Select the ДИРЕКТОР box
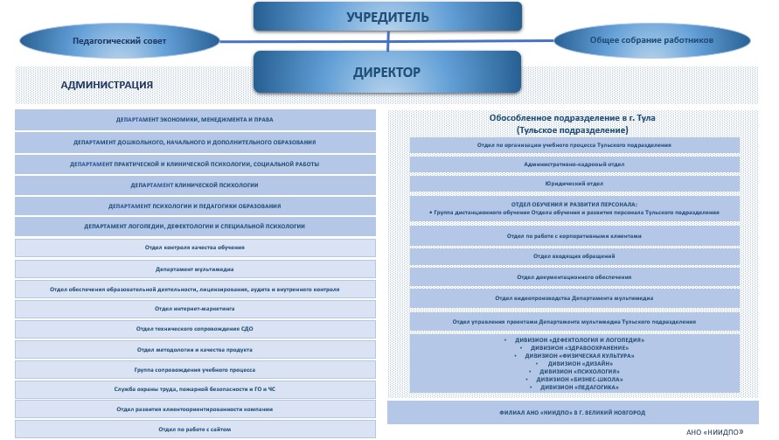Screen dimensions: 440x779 (x=386, y=73)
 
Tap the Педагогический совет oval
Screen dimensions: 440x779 (x=118, y=40)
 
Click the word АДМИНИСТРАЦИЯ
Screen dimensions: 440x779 (x=107, y=85)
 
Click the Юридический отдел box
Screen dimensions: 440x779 (x=574, y=184)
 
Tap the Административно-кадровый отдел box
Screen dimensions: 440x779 (x=574, y=164)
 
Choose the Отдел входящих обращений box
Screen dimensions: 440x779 (x=574, y=255)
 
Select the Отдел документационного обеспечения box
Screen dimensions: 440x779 (x=574, y=276)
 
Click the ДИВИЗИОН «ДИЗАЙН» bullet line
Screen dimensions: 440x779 (x=574, y=364)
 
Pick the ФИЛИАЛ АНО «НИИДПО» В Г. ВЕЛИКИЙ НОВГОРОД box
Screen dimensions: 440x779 (x=574, y=412)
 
